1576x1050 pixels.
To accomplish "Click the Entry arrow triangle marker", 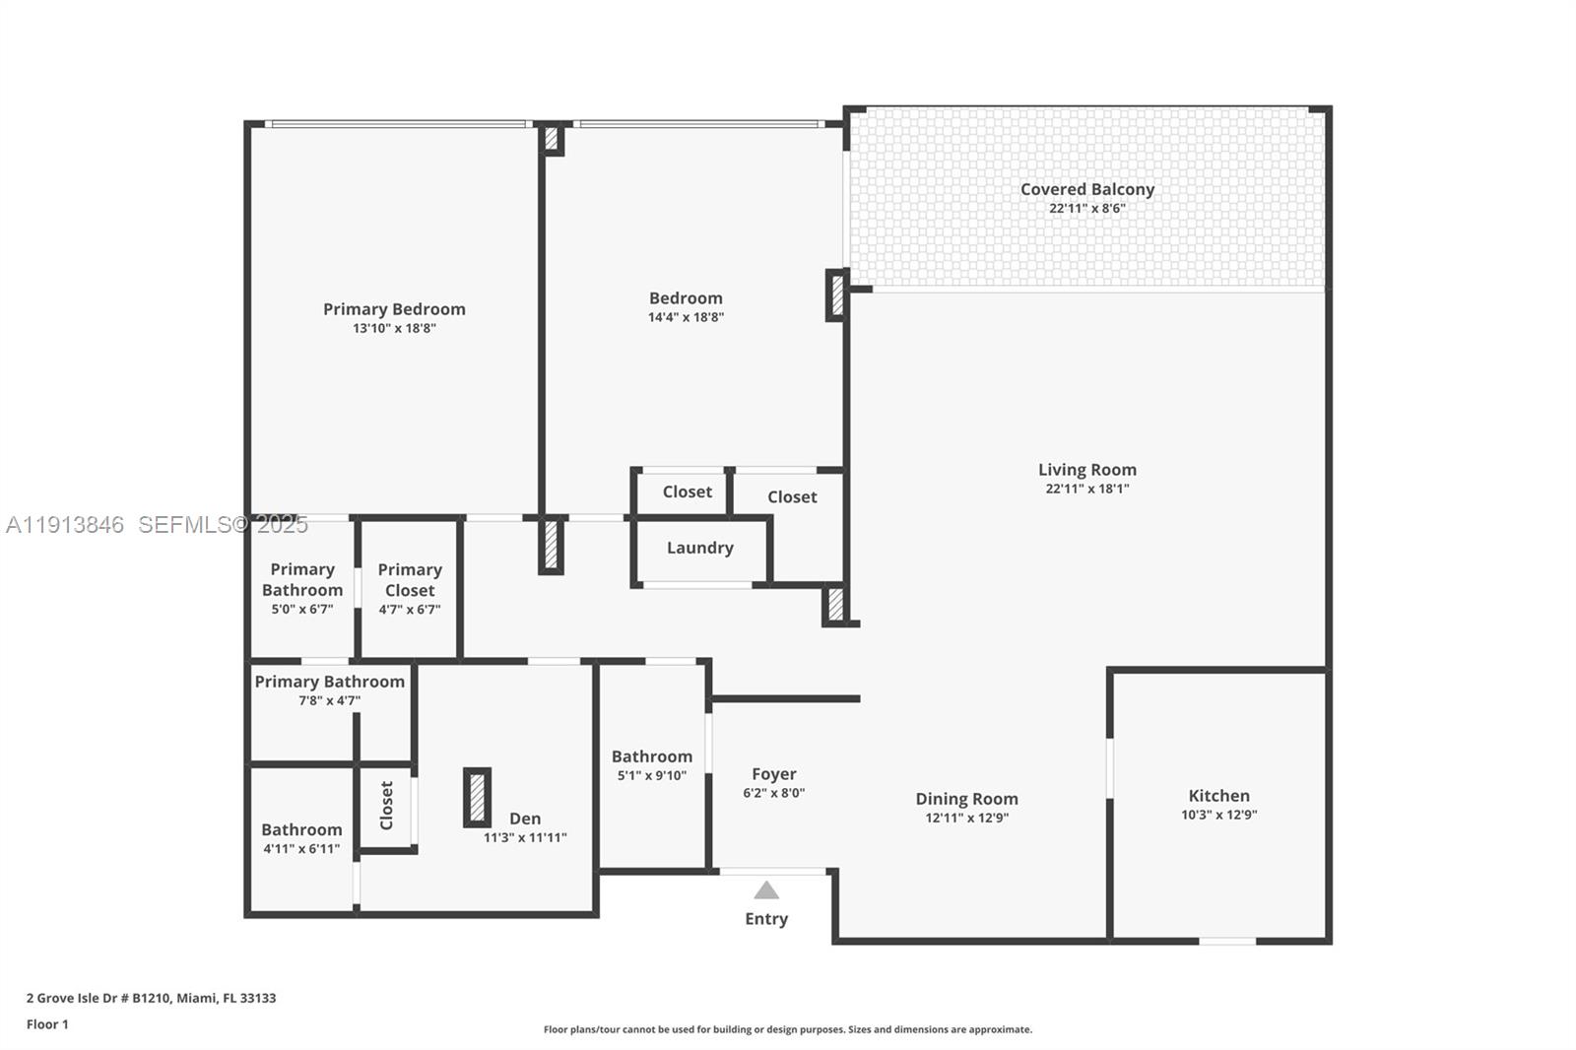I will click(766, 890).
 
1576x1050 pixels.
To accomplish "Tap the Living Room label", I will click(1086, 470).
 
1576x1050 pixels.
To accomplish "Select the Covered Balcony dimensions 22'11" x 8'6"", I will click(1086, 209).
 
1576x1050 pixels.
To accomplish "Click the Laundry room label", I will click(699, 548).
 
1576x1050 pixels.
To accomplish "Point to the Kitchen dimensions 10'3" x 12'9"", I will click(1218, 815).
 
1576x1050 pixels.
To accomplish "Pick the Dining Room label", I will click(966, 799).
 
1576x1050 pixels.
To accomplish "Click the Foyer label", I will click(773, 774).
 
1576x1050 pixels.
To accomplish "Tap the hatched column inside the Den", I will click(477, 797).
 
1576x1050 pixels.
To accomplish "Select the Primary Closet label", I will click(410, 580).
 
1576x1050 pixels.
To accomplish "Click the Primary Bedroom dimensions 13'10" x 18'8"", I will click(394, 328).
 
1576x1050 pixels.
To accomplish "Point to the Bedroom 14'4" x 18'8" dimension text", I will click(686, 317).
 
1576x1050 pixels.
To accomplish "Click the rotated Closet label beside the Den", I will click(386, 806).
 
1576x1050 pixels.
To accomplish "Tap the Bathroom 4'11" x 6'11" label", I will click(301, 830).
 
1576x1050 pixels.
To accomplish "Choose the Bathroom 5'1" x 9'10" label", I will click(651, 756).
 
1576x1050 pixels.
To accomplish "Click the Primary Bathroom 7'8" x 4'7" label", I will click(329, 682).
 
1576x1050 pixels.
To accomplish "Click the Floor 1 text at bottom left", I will click(47, 1024).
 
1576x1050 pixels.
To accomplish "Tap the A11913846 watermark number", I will click(65, 525).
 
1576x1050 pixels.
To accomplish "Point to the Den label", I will click(525, 819).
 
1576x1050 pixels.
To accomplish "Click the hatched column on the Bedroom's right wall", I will click(836, 295).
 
